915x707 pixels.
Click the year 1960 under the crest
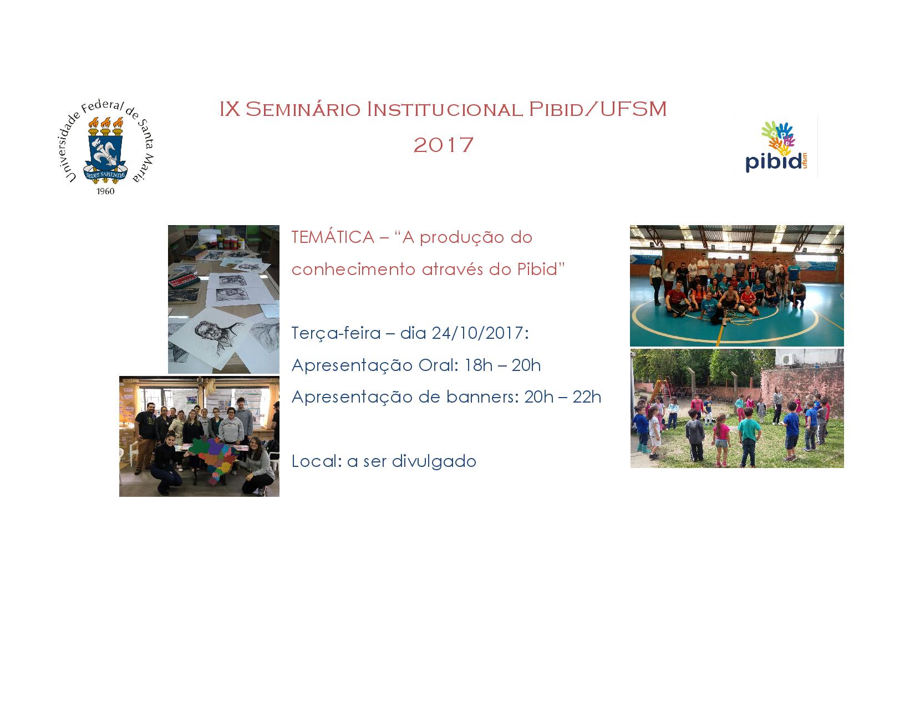click(x=105, y=191)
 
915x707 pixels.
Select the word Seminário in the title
click(x=303, y=109)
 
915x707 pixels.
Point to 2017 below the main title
click(x=444, y=145)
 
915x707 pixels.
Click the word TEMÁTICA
click(x=333, y=237)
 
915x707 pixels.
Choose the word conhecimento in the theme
click(x=353, y=269)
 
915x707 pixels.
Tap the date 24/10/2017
click(x=480, y=333)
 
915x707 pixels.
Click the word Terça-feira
click(x=336, y=333)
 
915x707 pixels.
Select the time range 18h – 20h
click(x=502, y=365)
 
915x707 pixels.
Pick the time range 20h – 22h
click(x=562, y=397)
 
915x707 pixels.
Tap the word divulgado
click(x=434, y=461)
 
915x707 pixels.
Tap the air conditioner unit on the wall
click(x=788, y=359)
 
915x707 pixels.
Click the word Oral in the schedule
click(x=438, y=365)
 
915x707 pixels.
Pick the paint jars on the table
click(x=230, y=242)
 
